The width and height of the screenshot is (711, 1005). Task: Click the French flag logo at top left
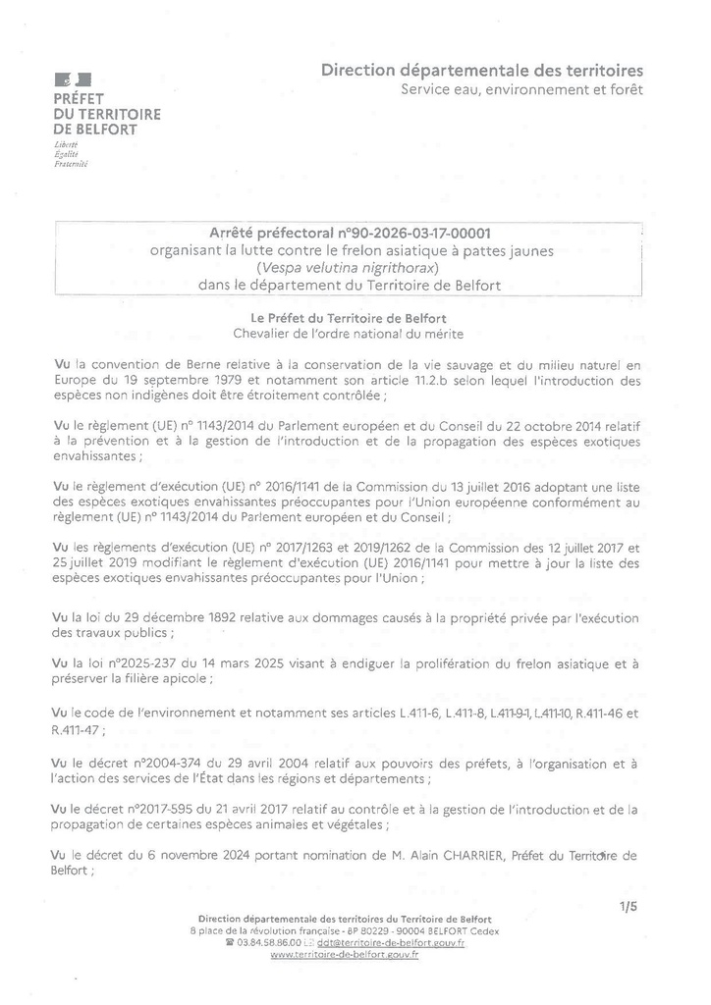click(72, 79)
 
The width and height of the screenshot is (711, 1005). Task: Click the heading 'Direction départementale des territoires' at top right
click(482, 71)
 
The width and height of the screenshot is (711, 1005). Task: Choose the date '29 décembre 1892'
click(153, 618)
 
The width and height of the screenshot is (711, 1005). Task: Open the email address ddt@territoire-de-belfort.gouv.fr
click(398, 941)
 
